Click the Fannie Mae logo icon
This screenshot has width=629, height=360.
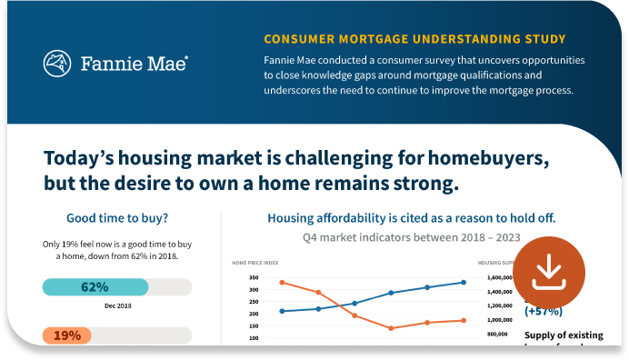coord(58,63)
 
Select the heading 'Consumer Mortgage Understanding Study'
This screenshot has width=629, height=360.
coord(414,39)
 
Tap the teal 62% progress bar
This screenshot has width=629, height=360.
coord(95,287)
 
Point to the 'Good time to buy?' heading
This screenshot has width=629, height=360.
coord(117,218)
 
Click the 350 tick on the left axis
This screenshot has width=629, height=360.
coord(253,278)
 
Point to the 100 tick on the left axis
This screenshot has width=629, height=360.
coord(253,337)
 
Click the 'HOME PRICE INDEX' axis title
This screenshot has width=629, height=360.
coord(255,263)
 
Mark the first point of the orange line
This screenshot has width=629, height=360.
coord(282,282)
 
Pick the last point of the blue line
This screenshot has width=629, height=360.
coord(464,282)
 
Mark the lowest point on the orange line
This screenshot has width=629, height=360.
coord(391,328)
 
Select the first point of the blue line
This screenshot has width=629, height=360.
coord(282,311)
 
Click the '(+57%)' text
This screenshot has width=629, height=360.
coord(541,311)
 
